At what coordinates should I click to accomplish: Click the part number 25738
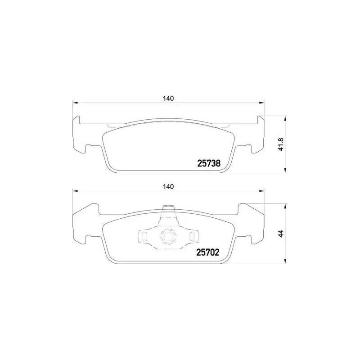209,163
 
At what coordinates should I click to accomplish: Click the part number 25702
208,252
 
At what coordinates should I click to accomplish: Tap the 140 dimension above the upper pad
168,99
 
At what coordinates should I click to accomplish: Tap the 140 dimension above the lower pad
168,187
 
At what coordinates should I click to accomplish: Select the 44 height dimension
282,234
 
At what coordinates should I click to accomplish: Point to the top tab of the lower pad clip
167,208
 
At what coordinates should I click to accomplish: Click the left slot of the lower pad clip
144,236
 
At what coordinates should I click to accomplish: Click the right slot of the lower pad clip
192,236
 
